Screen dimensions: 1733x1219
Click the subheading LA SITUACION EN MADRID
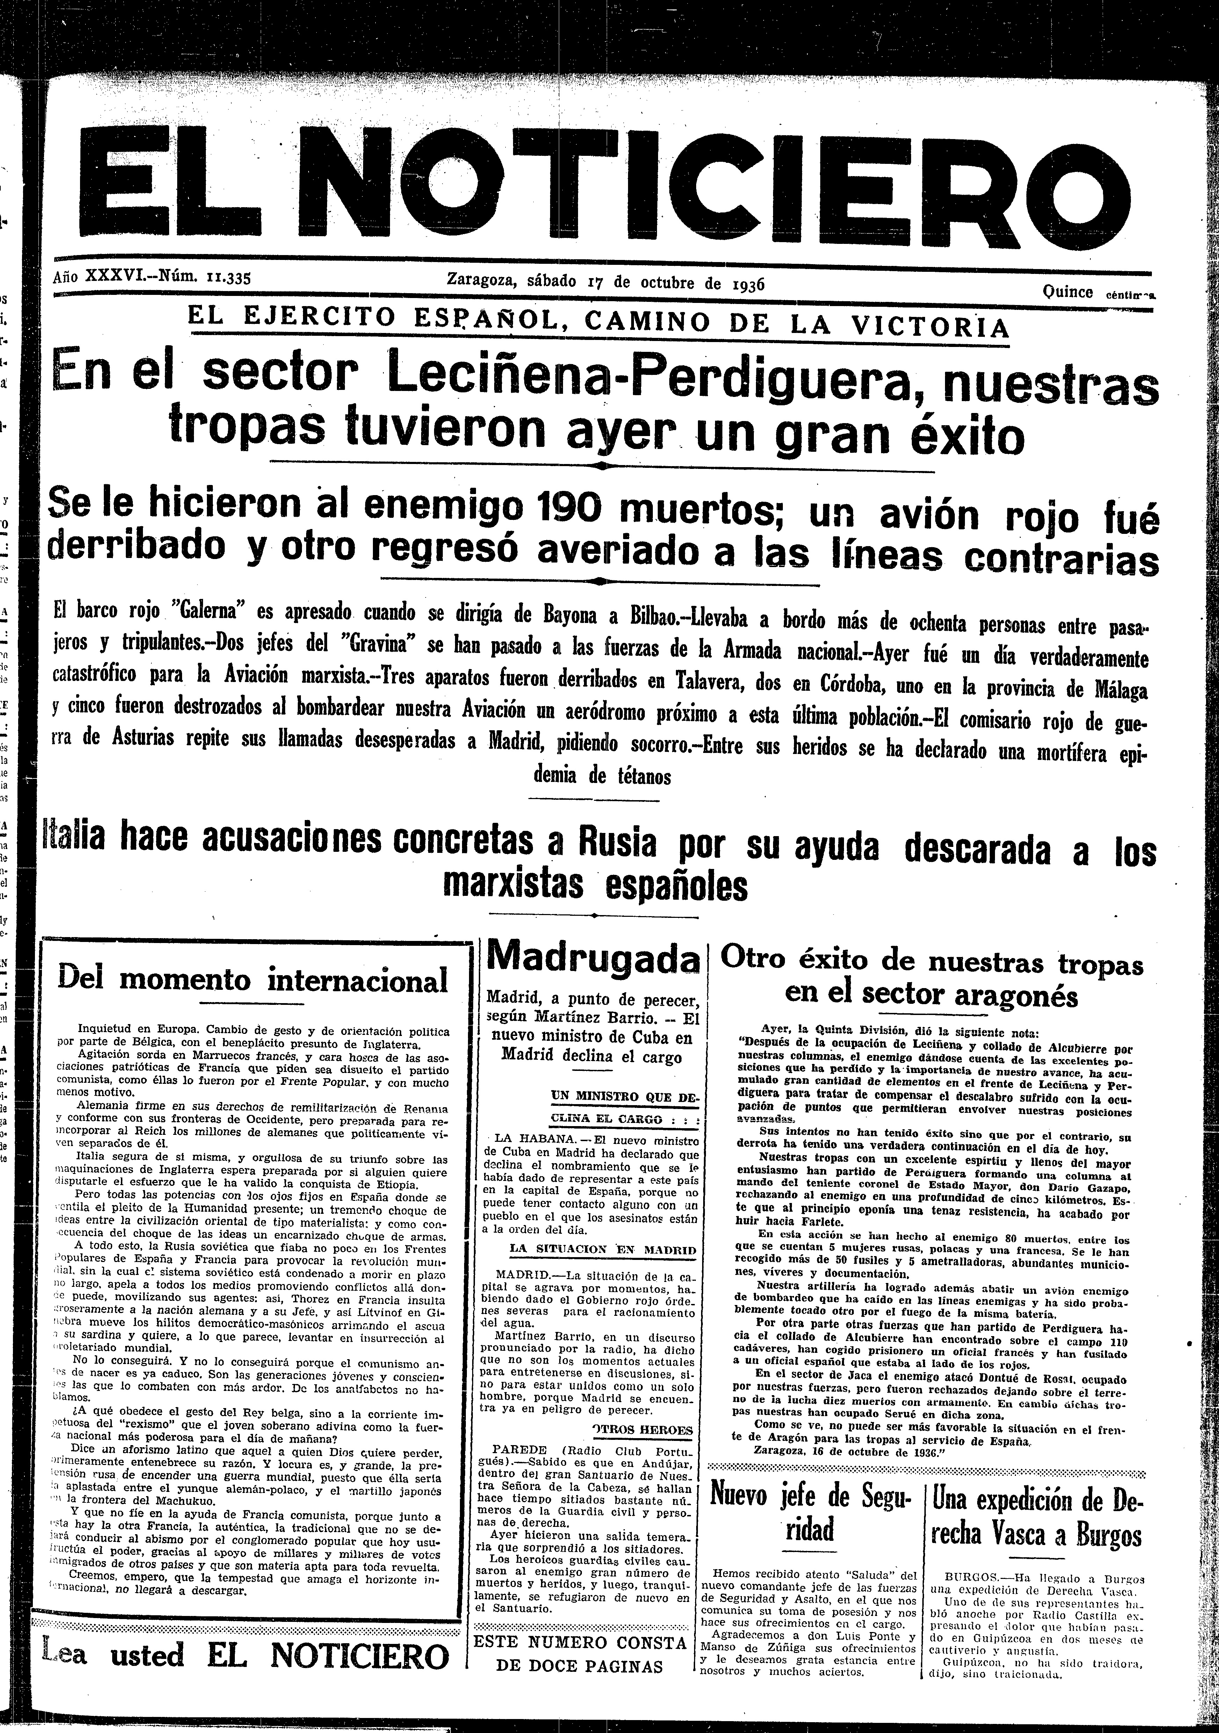pos(602,1249)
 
